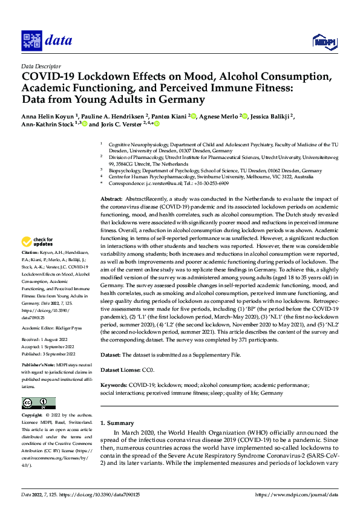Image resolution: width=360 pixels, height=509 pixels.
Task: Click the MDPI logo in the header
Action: click(324, 41)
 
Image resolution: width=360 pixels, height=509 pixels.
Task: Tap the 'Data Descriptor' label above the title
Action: click(41, 66)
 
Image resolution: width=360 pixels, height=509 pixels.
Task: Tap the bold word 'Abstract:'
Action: click(111, 199)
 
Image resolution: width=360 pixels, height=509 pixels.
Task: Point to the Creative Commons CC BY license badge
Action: click(38, 403)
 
